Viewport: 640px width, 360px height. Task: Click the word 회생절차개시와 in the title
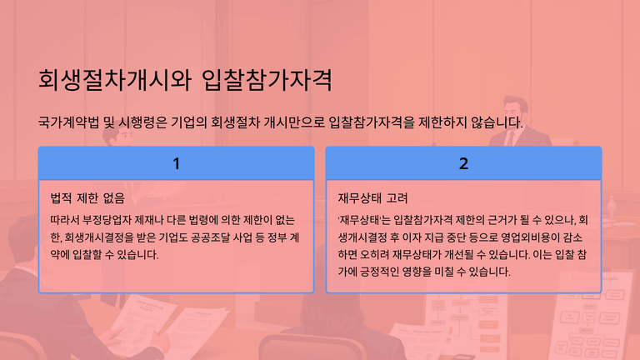pyautogui.click(x=115, y=80)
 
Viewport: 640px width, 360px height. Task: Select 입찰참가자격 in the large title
pyautogui.click(x=267, y=80)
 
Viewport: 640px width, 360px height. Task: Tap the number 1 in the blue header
pyautogui.click(x=177, y=163)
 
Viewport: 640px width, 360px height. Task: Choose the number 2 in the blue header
pyautogui.click(x=463, y=163)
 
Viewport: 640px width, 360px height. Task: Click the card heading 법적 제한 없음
pyautogui.click(x=87, y=198)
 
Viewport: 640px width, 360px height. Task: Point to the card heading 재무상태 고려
pyautogui.click(x=372, y=198)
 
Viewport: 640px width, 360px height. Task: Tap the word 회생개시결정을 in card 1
pyautogui.click(x=99, y=237)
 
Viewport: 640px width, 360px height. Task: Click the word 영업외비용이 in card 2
pyautogui.click(x=530, y=237)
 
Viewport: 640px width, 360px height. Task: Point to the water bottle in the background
pyautogui.click(x=611, y=207)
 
